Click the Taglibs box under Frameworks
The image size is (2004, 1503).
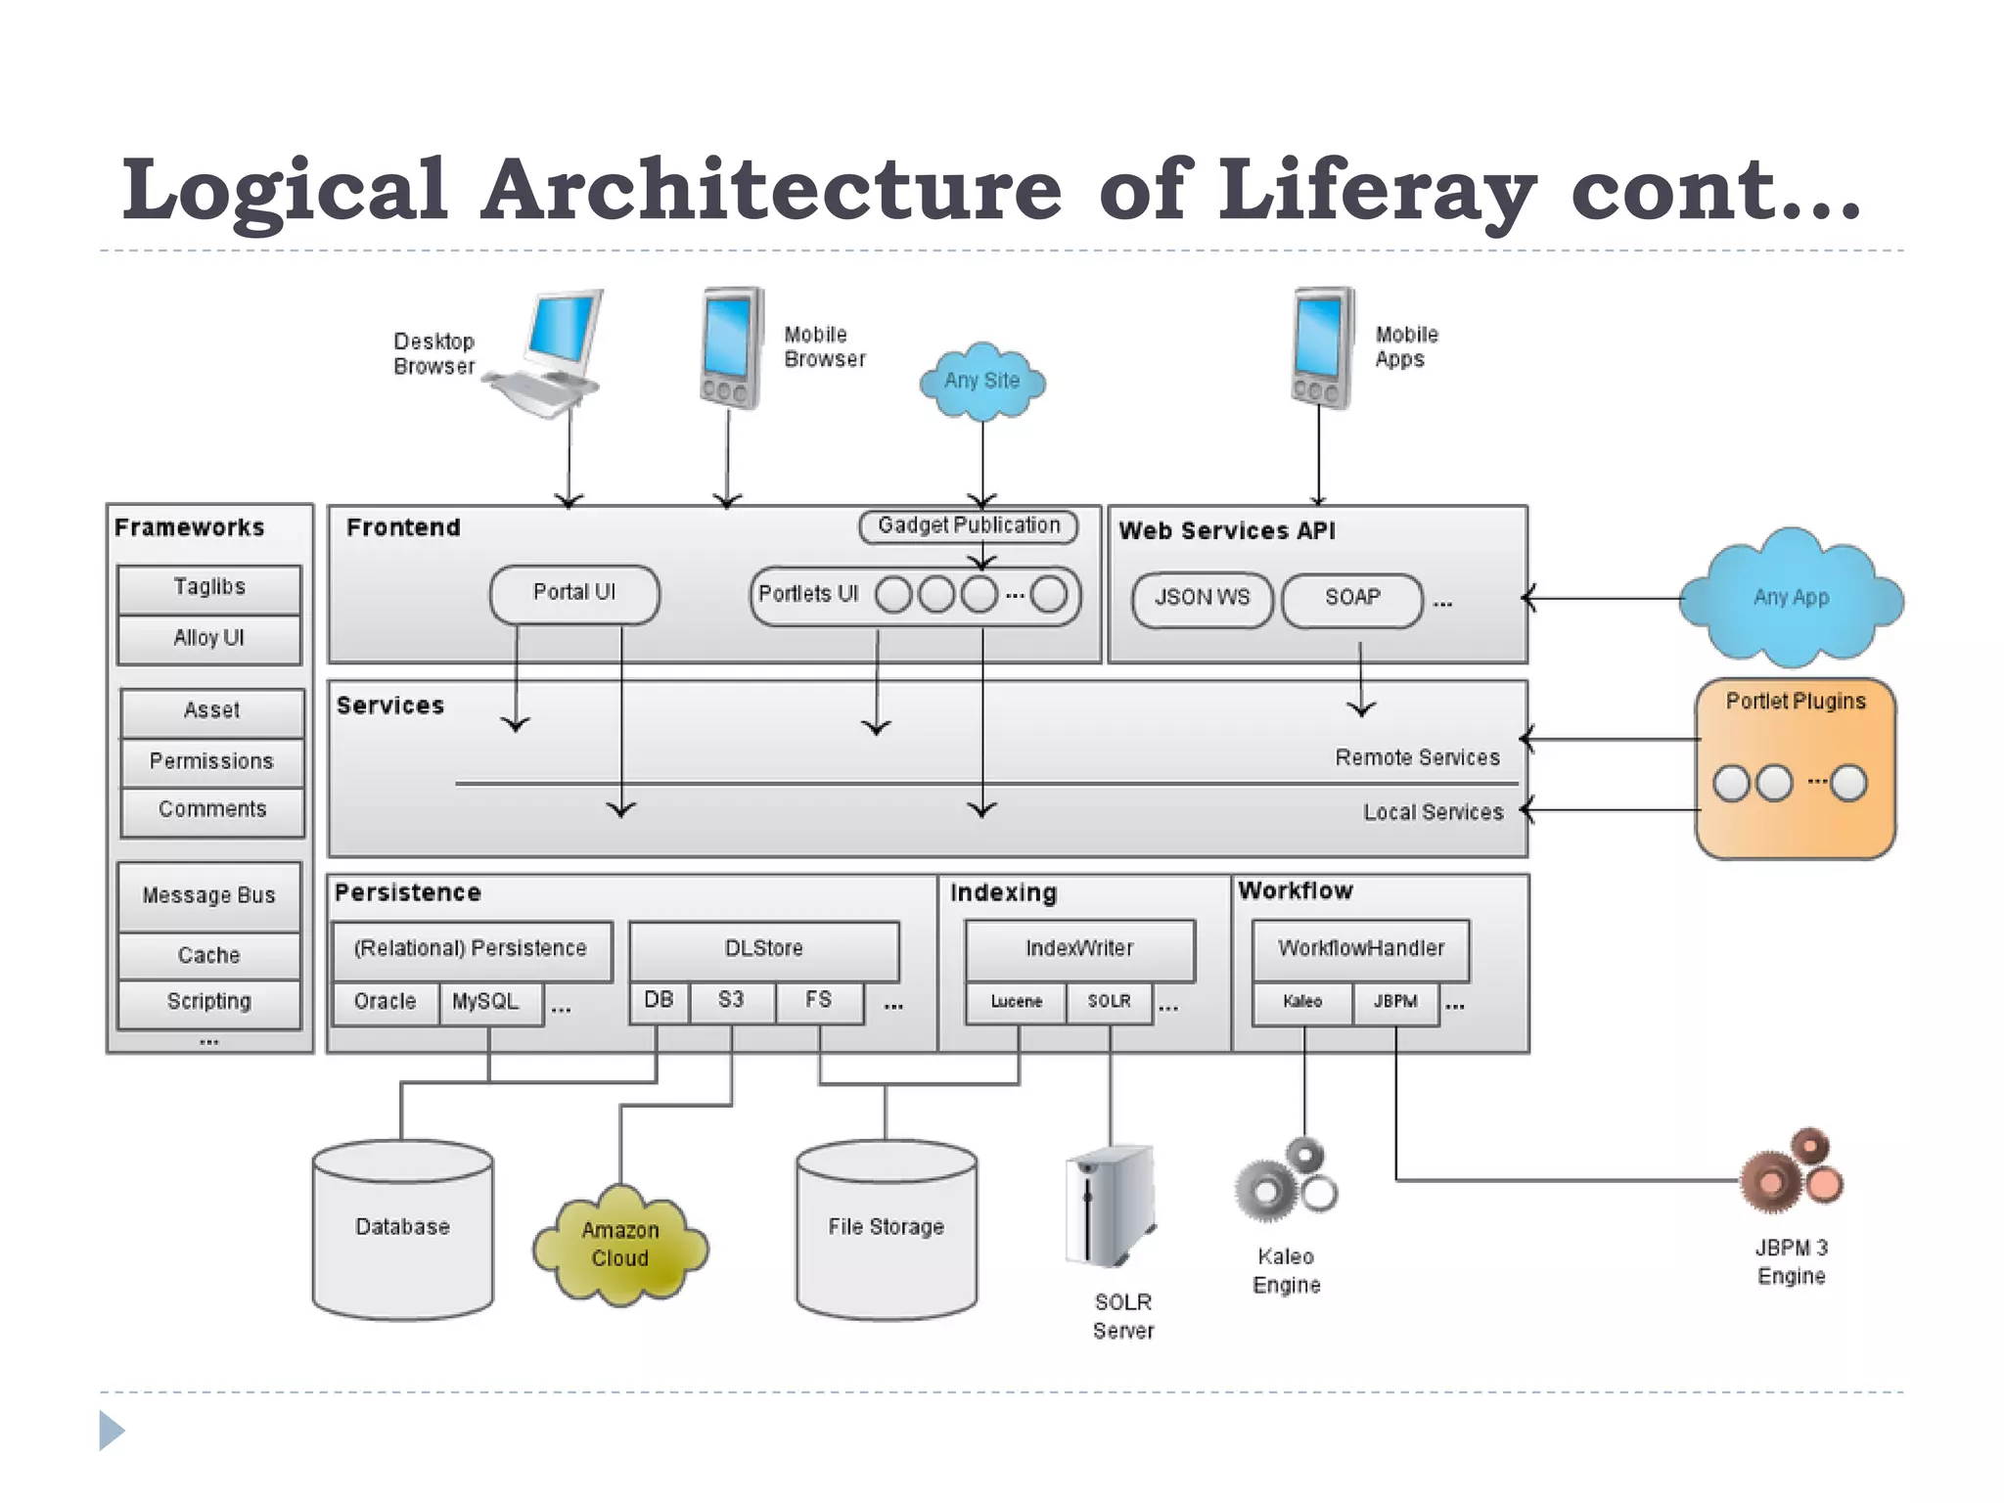point(209,588)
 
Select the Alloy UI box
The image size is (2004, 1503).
point(209,639)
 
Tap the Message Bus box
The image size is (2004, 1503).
point(209,895)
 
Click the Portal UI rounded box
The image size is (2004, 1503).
point(574,593)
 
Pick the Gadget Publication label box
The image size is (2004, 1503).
point(969,526)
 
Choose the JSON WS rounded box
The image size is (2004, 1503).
point(1202,599)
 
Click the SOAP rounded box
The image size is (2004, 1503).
point(1352,599)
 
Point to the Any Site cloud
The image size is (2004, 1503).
point(982,382)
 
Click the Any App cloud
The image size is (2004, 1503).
point(1791,597)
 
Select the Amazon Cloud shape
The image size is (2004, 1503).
point(620,1245)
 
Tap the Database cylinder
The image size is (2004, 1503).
point(402,1229)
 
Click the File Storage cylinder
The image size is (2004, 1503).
point(886,1229)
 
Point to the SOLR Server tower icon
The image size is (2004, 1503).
point(1111,1206)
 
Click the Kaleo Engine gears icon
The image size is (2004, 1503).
point(1286,1180)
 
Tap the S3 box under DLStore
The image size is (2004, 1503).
point(732,1001)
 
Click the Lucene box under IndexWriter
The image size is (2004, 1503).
point(1016,1002)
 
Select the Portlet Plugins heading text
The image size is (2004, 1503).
point(1796,702)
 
